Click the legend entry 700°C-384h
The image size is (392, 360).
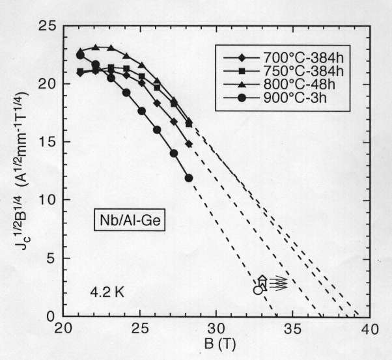[286, 56]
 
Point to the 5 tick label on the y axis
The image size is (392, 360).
[51, 258]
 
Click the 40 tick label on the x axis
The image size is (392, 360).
[369, 328]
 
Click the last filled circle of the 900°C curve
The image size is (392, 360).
[189, 178]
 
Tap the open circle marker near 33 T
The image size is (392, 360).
[258, 290]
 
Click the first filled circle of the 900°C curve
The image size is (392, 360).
[80, 55]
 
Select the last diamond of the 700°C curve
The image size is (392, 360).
[189, 144]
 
